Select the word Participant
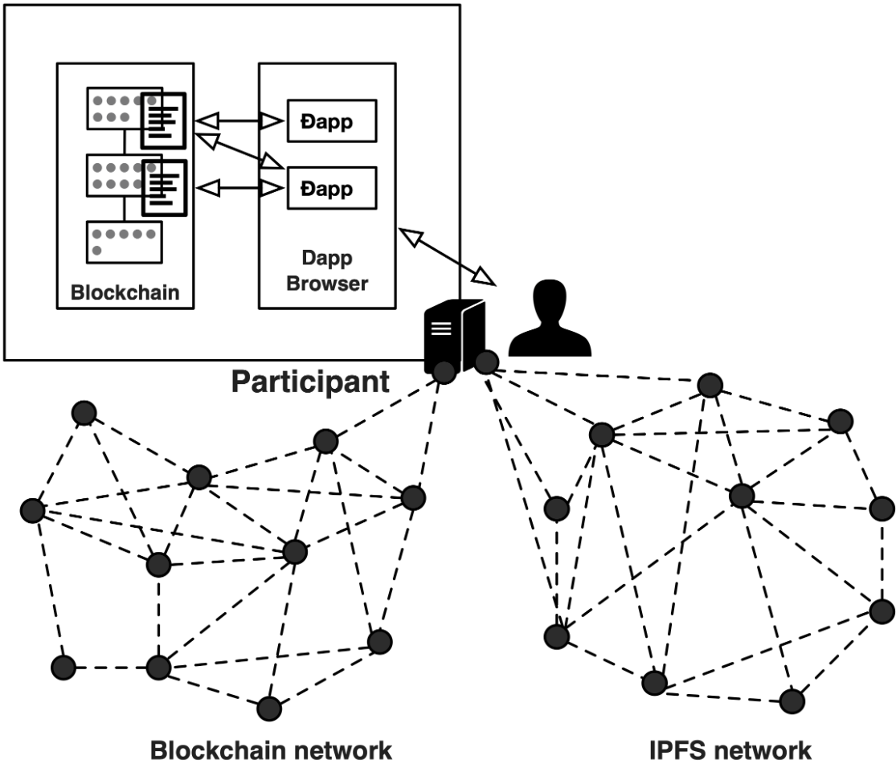tap(310, 381)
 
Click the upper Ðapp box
tap(332, 121)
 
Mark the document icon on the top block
tap(165, 121)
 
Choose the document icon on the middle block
tap(165, 187)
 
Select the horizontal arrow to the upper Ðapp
tap(239, 121)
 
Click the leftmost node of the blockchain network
tap(32, 509)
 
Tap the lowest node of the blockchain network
tap(269, 709)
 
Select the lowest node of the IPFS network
tap(792, 700)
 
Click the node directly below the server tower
tap(444, 370)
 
